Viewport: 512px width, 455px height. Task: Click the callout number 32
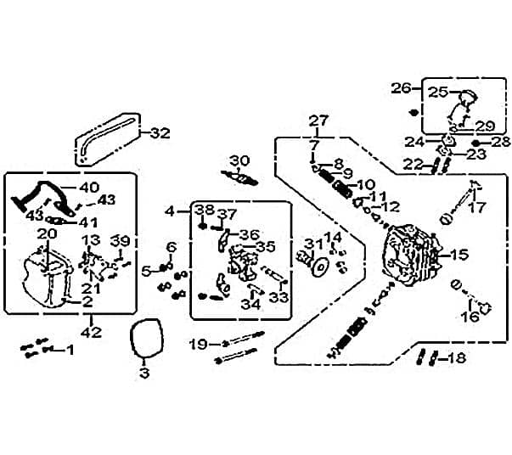[160, 132]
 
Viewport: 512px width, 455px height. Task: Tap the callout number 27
[318, 120]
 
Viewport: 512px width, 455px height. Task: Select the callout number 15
[459, 254]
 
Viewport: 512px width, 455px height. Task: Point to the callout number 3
[143, 372]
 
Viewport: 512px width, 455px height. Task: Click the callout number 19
[198, 344]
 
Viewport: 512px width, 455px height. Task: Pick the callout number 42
[91, 332]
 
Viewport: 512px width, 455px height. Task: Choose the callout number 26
[401, 87]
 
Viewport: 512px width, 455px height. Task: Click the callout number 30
[239, 160]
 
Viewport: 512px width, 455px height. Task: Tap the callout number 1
[70, 350]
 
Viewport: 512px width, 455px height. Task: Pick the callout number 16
[470, 317]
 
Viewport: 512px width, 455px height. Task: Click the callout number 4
[171, 211]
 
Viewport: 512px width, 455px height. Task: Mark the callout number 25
[438, 92]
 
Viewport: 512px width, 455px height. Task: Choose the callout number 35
[266, 247]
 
